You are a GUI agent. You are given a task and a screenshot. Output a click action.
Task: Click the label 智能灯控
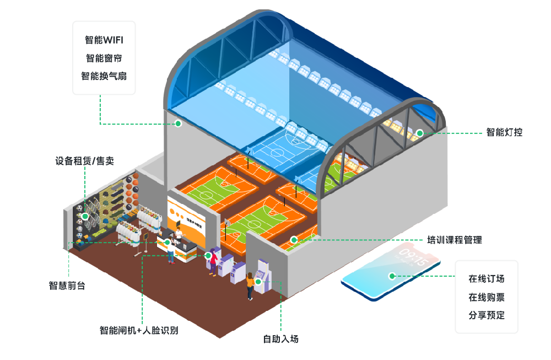pos(504,132)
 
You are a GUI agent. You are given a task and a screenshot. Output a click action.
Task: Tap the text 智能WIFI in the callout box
pos(104,40)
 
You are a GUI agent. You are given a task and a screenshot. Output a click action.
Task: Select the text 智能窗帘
pos(104,58)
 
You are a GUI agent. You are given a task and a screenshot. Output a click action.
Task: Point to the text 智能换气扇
pos(104,76)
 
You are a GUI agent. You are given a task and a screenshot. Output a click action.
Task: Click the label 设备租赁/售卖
pos(88,161)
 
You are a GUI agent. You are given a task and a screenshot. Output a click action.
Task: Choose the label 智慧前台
pos(67,286)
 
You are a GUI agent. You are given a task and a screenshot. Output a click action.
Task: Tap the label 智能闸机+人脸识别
pos(139,330)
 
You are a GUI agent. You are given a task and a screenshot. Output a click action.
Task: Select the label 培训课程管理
pos(455,240)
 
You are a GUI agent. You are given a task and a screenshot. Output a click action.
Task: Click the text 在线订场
pos(487,278)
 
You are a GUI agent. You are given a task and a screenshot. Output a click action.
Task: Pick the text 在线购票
pos(487,297)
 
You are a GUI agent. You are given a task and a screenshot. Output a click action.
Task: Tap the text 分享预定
pos(487,315)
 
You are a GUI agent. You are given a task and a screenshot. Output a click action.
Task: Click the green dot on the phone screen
pos(392,276)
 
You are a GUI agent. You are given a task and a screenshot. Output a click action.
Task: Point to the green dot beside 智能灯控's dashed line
pos(419,133)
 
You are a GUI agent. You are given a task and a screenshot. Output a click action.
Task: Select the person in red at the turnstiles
pos(212,261)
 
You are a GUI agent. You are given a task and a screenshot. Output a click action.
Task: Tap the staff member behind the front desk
pos(179,237)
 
